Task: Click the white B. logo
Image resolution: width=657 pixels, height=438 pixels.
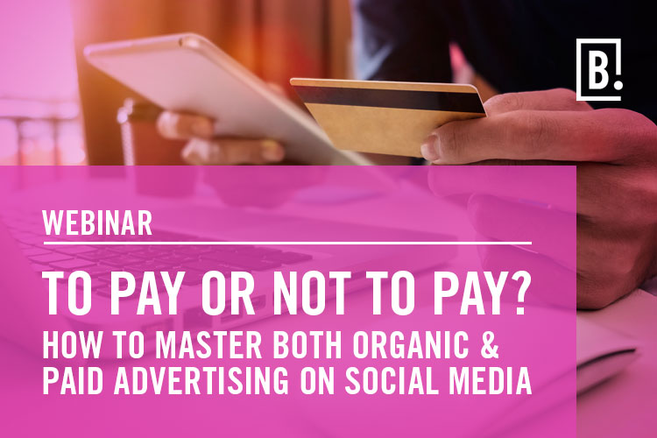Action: (x=598, y=69)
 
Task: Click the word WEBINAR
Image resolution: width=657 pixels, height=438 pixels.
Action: (x=97, y=223)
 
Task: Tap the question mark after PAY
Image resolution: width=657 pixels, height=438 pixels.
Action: (x=519, y=293)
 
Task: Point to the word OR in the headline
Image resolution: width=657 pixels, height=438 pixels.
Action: (x=228, y=293)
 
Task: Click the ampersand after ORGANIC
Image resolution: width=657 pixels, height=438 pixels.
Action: (x=489, y=344)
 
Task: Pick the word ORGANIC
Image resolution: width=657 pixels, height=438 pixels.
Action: (x=411, y=344)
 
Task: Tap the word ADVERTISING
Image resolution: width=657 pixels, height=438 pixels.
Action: (x=201, y=380)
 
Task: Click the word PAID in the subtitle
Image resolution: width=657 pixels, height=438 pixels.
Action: (x=73, y=380)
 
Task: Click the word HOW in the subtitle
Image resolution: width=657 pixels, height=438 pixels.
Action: (x=72, y=344)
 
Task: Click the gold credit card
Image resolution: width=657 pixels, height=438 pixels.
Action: (x=387, y=116)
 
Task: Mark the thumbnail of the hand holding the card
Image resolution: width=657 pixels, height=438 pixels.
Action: (x=431, y=148)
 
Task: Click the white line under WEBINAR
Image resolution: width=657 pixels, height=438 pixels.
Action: (x=287, y=243)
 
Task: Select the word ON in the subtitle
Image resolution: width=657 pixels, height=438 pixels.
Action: (x=317, y=380)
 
